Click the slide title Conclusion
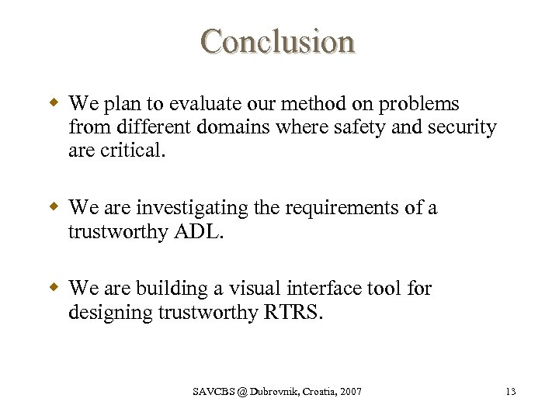pyautogui.click(x=278, y=41)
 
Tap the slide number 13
pyautogui.click(x=510, y=392)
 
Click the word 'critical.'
pyautogui.click(x=134, y=151)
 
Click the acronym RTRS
pyautogui.click(x=292, y=312)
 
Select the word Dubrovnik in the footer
pyautogui.click(x=269, y=392)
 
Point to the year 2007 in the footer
pyautogui.click(x=350, y=392)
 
